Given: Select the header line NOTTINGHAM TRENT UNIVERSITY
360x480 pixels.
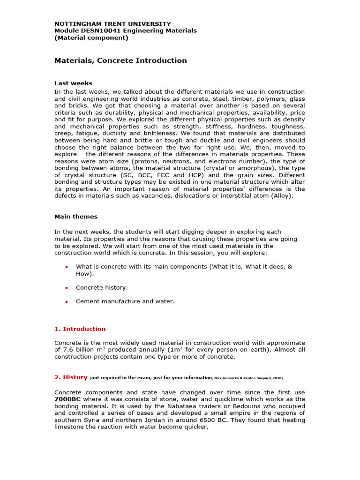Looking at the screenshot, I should [112, 23].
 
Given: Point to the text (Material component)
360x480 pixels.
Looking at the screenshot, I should [91, 37].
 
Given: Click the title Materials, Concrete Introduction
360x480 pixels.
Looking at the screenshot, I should [120, 60].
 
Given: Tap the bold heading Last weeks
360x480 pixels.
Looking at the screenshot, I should [73, 83].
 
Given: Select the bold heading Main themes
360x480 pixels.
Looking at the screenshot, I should [76, 217].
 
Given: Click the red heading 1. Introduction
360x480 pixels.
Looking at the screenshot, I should [80, 329].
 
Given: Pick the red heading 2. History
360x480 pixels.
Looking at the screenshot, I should [71, 377].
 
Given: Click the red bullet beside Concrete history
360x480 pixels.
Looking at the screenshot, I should [66, 288].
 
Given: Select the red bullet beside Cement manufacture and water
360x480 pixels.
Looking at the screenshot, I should [66, 302].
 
